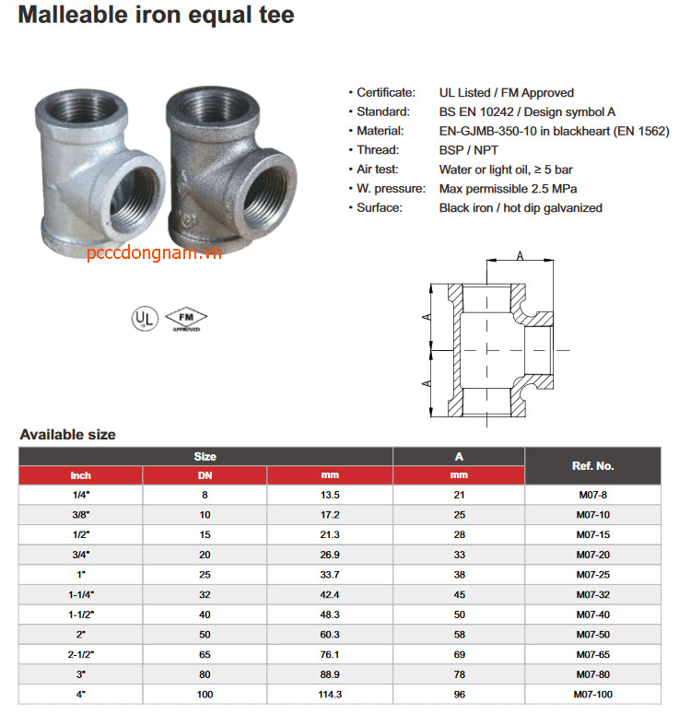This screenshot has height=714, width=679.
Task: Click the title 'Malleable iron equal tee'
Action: (157, 16)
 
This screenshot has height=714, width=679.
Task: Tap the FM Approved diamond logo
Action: (185, 318)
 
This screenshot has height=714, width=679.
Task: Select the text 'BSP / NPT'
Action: (467, 149)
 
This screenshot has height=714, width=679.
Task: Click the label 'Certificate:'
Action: (385, 92)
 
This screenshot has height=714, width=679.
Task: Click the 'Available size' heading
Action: (68, 434)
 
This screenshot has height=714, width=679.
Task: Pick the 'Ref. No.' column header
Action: (592, 465)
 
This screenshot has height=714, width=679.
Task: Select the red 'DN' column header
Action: (205, 475)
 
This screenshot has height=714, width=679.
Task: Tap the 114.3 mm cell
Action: (330, 694)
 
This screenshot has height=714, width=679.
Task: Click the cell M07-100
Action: (592, 694)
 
